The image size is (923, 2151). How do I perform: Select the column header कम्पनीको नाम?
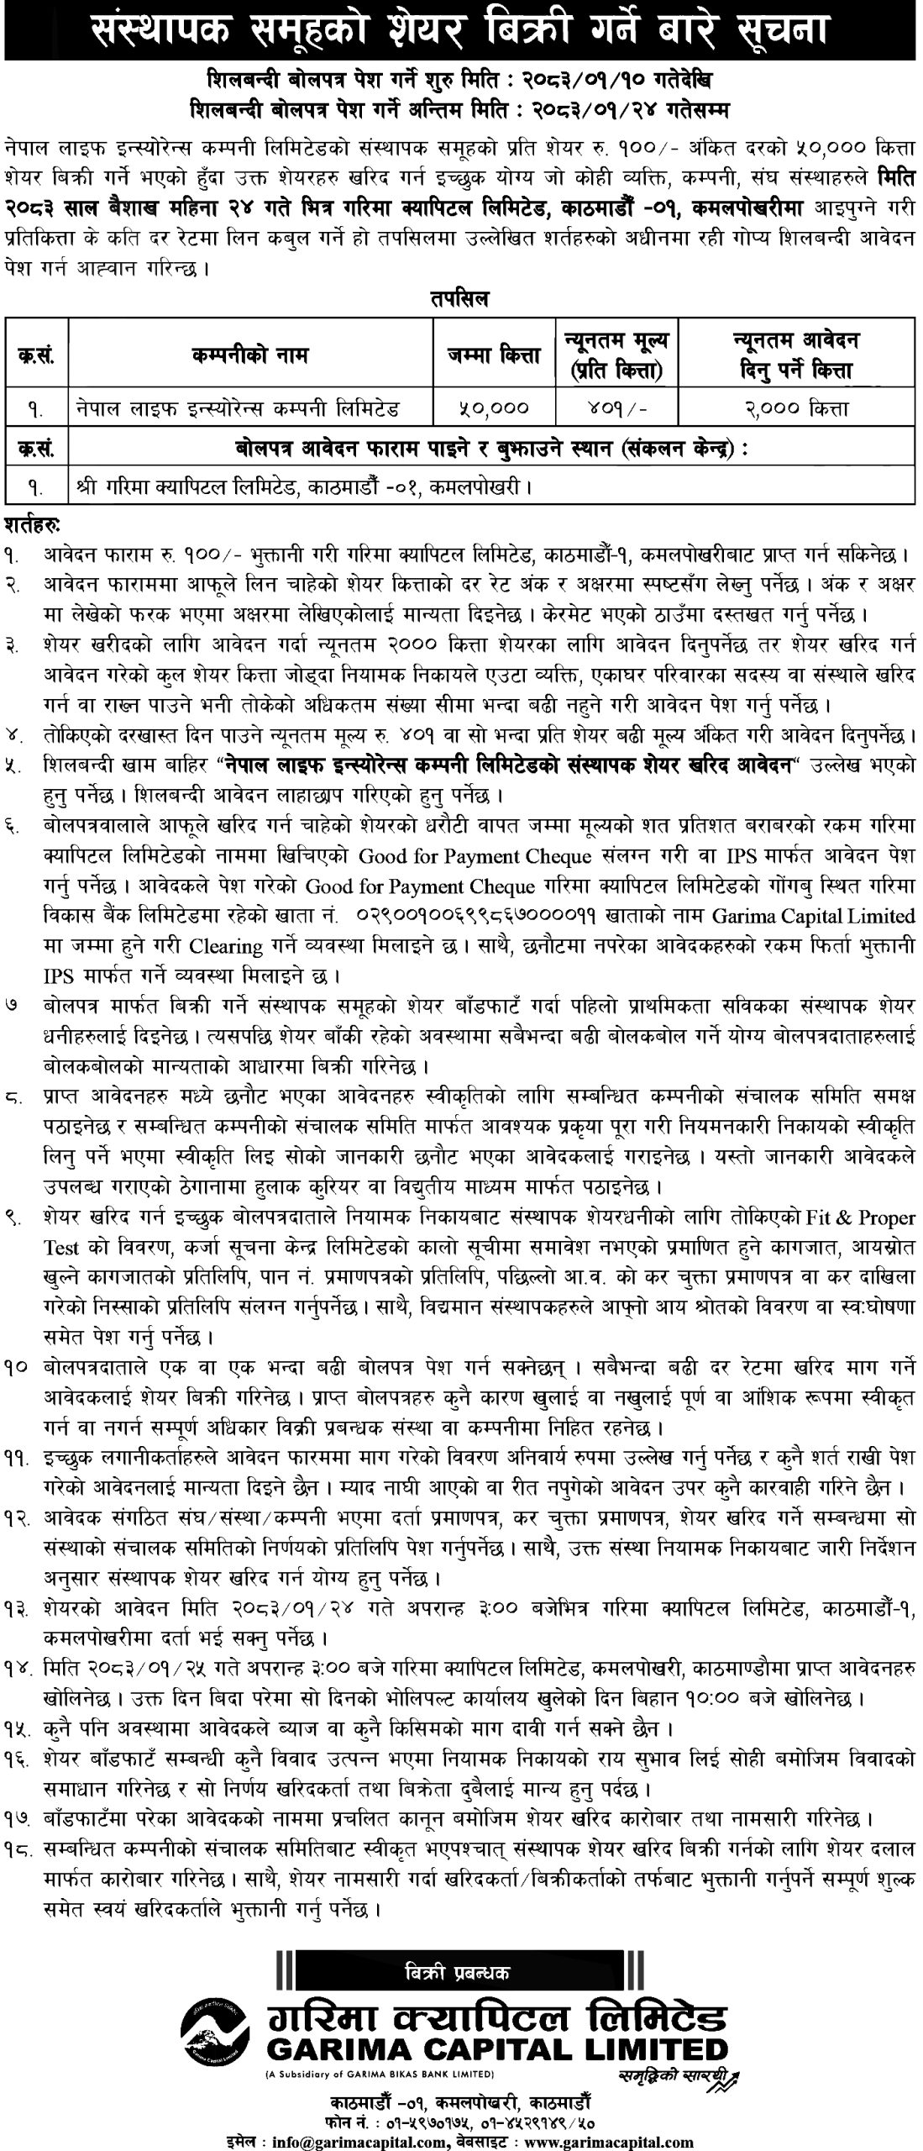pos(249,355)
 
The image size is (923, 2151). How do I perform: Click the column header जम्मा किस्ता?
pos(495,355)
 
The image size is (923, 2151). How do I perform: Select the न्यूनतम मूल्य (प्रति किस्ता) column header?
pos(617,355)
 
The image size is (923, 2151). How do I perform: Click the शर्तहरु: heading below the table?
pos(31,524)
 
